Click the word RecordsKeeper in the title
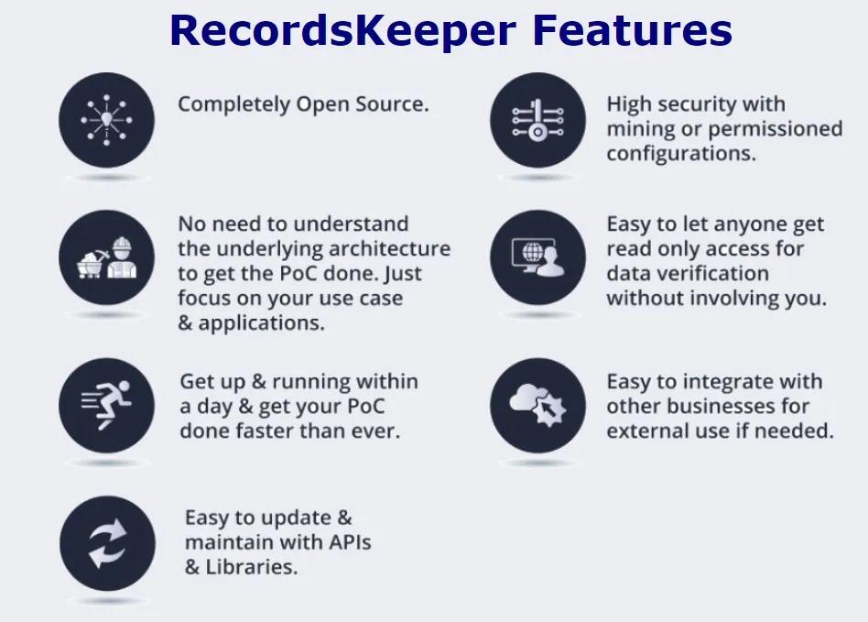tap(343, 30)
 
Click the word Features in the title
tap(633, 29)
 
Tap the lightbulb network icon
tap(106, 120)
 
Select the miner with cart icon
tap(107, 257)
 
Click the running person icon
tap(106, 405)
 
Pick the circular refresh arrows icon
tap(107, 543)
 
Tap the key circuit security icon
tap(537, 120)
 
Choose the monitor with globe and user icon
tap(537, 257)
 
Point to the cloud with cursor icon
tap(537, 405)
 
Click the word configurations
tap(681, 153)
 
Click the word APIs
tap(350, 542)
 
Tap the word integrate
tap(730, 383)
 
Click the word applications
tap(261, 323)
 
